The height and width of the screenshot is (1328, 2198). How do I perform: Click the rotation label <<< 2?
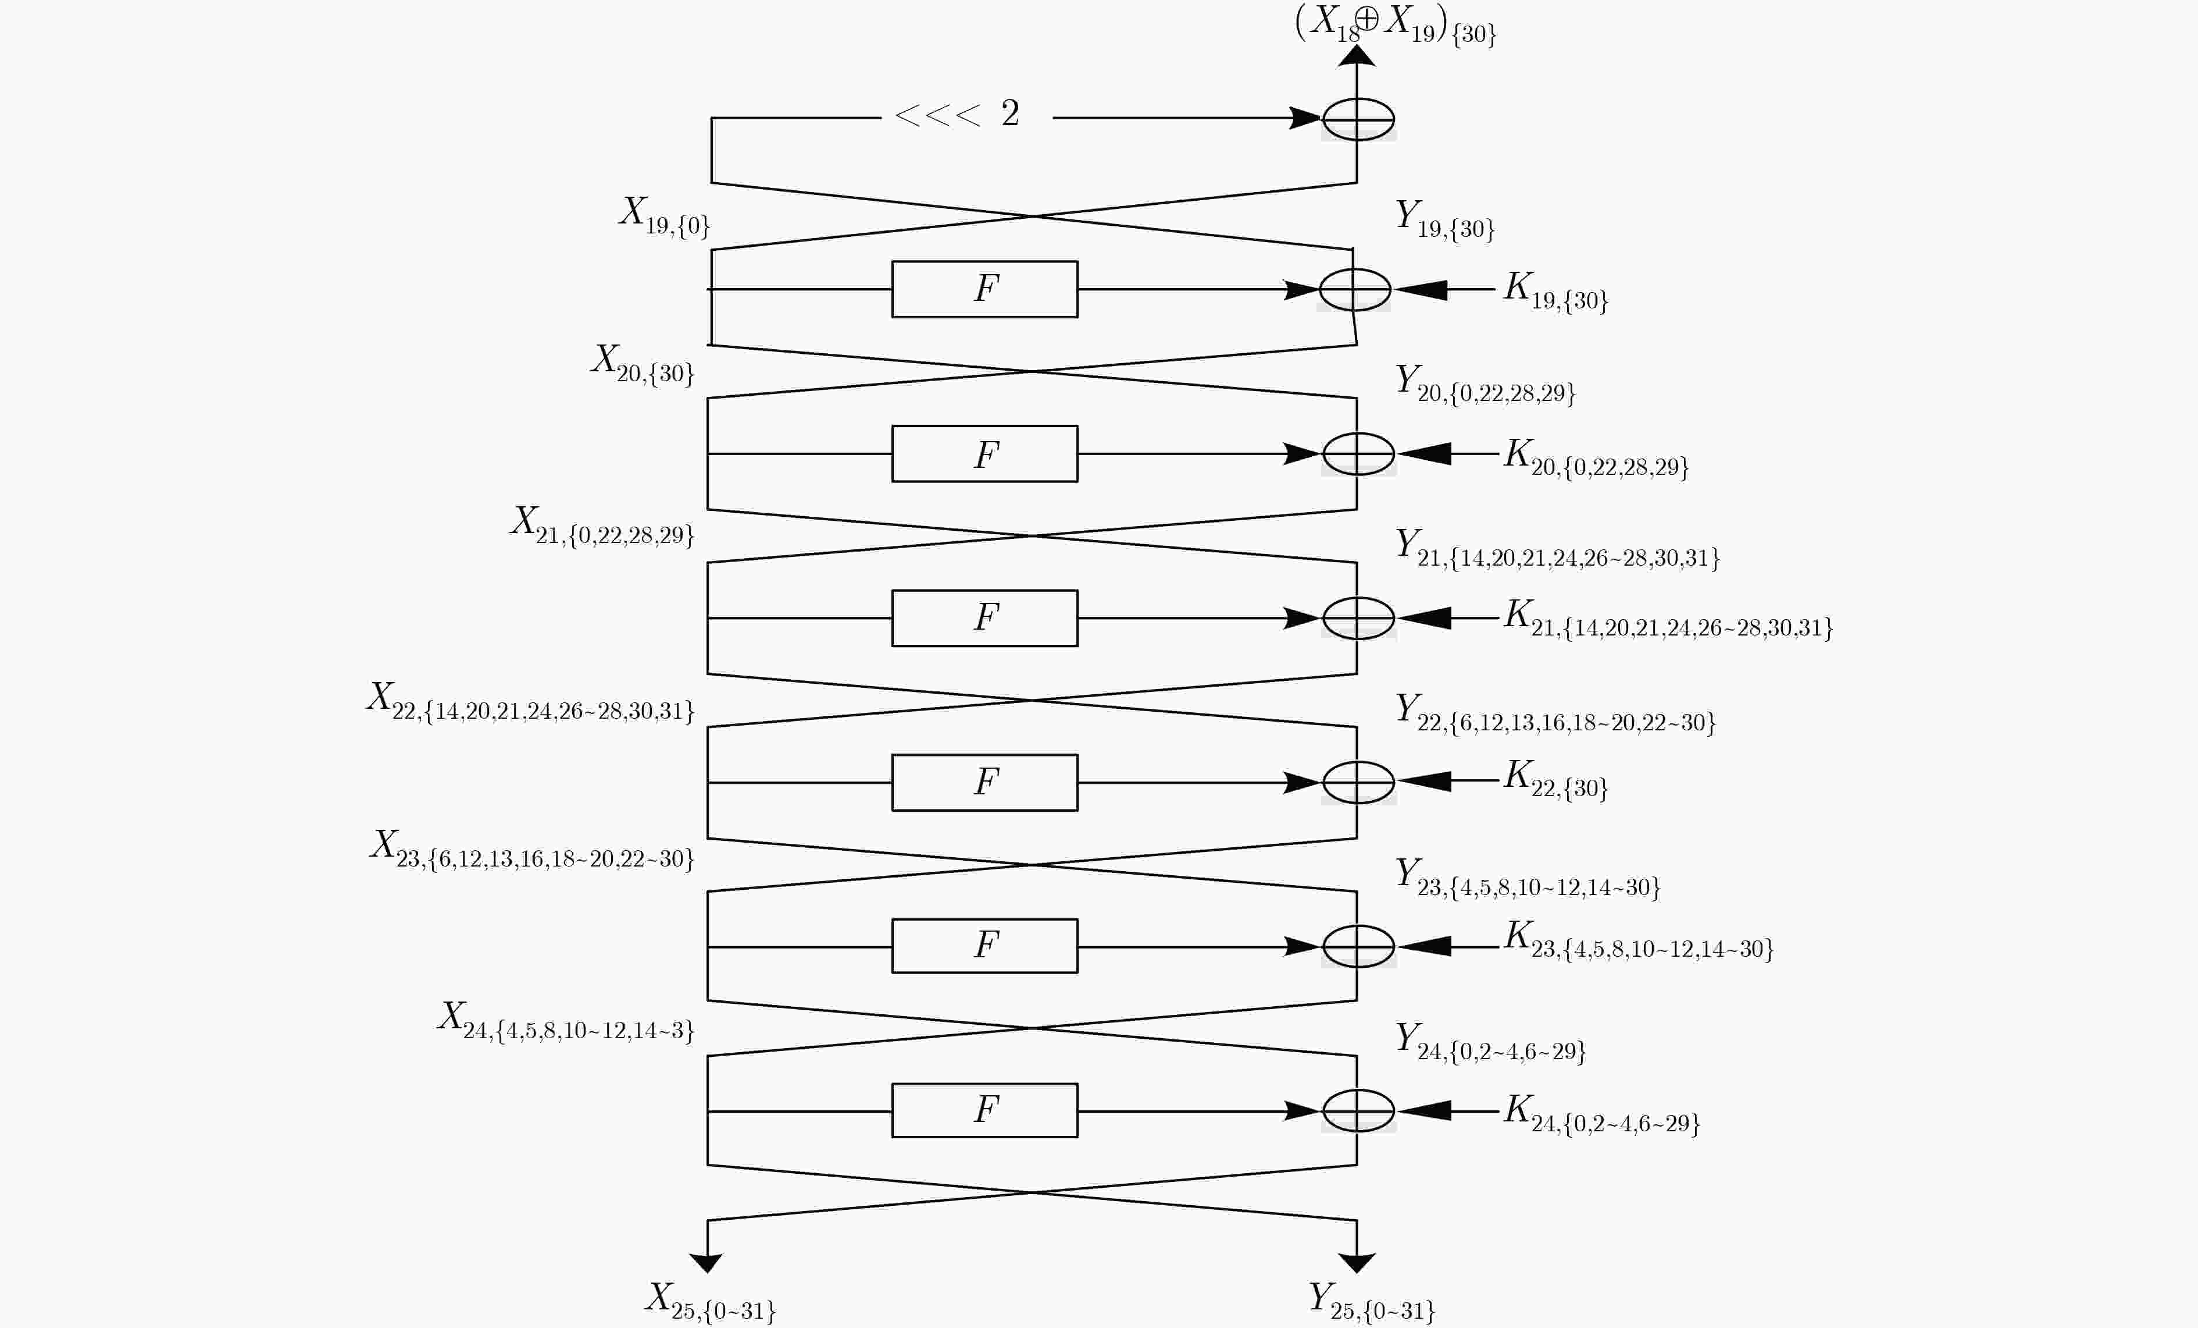pos(957,113)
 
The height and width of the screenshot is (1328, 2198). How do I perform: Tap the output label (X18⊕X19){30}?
pos(1395,23)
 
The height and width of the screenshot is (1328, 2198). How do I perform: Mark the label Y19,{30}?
pos(1445,219)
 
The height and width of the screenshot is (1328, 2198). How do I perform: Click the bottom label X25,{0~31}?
pos(710,1301)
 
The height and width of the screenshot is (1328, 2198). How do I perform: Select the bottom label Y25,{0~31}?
pos(1371,1301)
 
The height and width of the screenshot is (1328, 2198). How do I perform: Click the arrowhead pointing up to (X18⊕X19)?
pos(1357,55)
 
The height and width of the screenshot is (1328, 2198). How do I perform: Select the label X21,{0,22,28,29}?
pos(602,525)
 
